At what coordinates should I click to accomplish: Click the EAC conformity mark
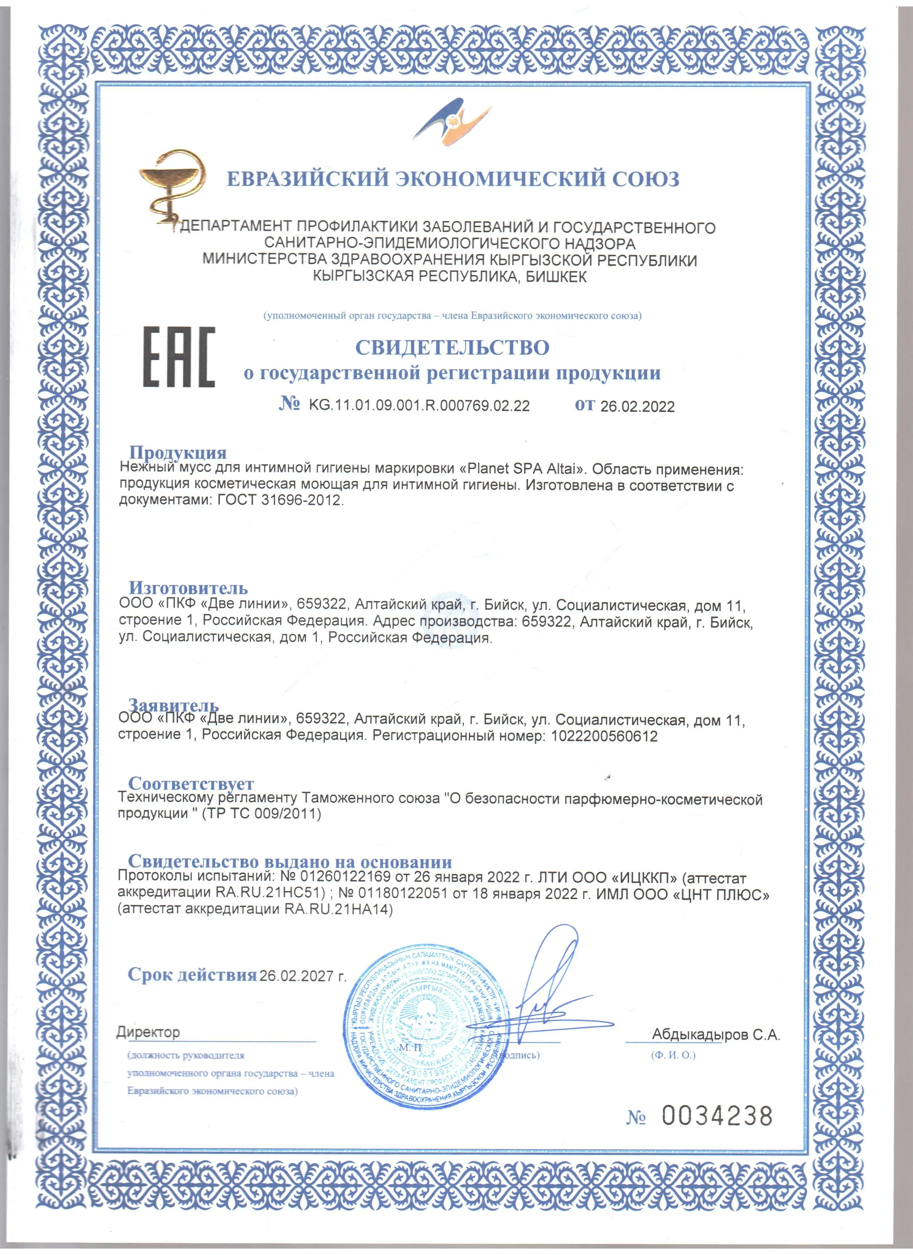[x=179, y=357]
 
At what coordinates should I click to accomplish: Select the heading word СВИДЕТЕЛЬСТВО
[x=452, y=347]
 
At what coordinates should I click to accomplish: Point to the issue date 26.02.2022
[x=637, y=407]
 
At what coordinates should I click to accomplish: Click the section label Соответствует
[x=191, y=783]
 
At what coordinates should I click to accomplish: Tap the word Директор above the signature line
[x=148, y=1032]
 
